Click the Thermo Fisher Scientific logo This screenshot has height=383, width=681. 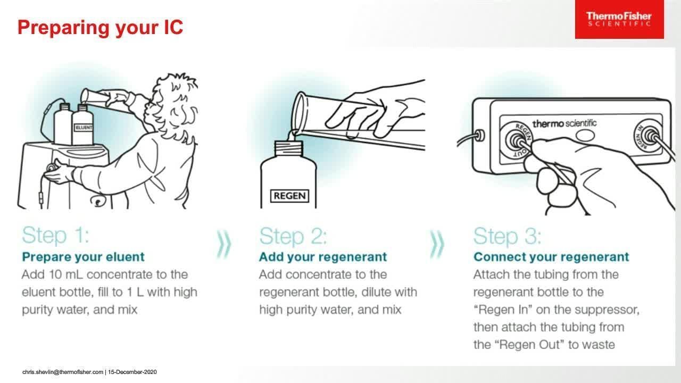pyautogui.click(x=619, y=19)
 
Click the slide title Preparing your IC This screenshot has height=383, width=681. pyautogui.click(x=101, y=27)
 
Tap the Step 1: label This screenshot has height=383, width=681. pyautogui.click(x=56, y=235)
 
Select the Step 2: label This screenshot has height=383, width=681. pyautogui.click(x=293, y=236)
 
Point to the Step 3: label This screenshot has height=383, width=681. pyautogui.click(x=508, y=236)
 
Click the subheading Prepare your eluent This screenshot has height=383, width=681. pyautogui.click(x=84, y=257)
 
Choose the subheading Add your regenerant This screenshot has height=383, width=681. pyautogui.click(x=323, y=257)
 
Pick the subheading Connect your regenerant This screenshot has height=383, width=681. pyautogui.click(x=551, y=257)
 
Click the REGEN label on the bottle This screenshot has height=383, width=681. pyautogui.click(x=290, y=196)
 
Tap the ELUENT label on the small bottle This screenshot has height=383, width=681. pyautogui.click(x=84, y=127)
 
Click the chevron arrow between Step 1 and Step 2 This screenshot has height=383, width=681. pyautogui.click(x=225, y=244)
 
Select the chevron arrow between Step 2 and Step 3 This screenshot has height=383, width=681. pyautogui.click(x=437, y=244)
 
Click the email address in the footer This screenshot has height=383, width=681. pyautogui.click(x=63, y=372)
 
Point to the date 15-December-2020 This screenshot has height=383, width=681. pyautogui.click(x=132, y=372)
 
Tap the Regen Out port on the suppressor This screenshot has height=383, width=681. pyautogui.click(x=516, y=140)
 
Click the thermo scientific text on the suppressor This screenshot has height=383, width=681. pyautogui.click(x=564, y=123)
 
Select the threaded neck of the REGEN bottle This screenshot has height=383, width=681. pyautogui.click(x=289, y=148)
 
